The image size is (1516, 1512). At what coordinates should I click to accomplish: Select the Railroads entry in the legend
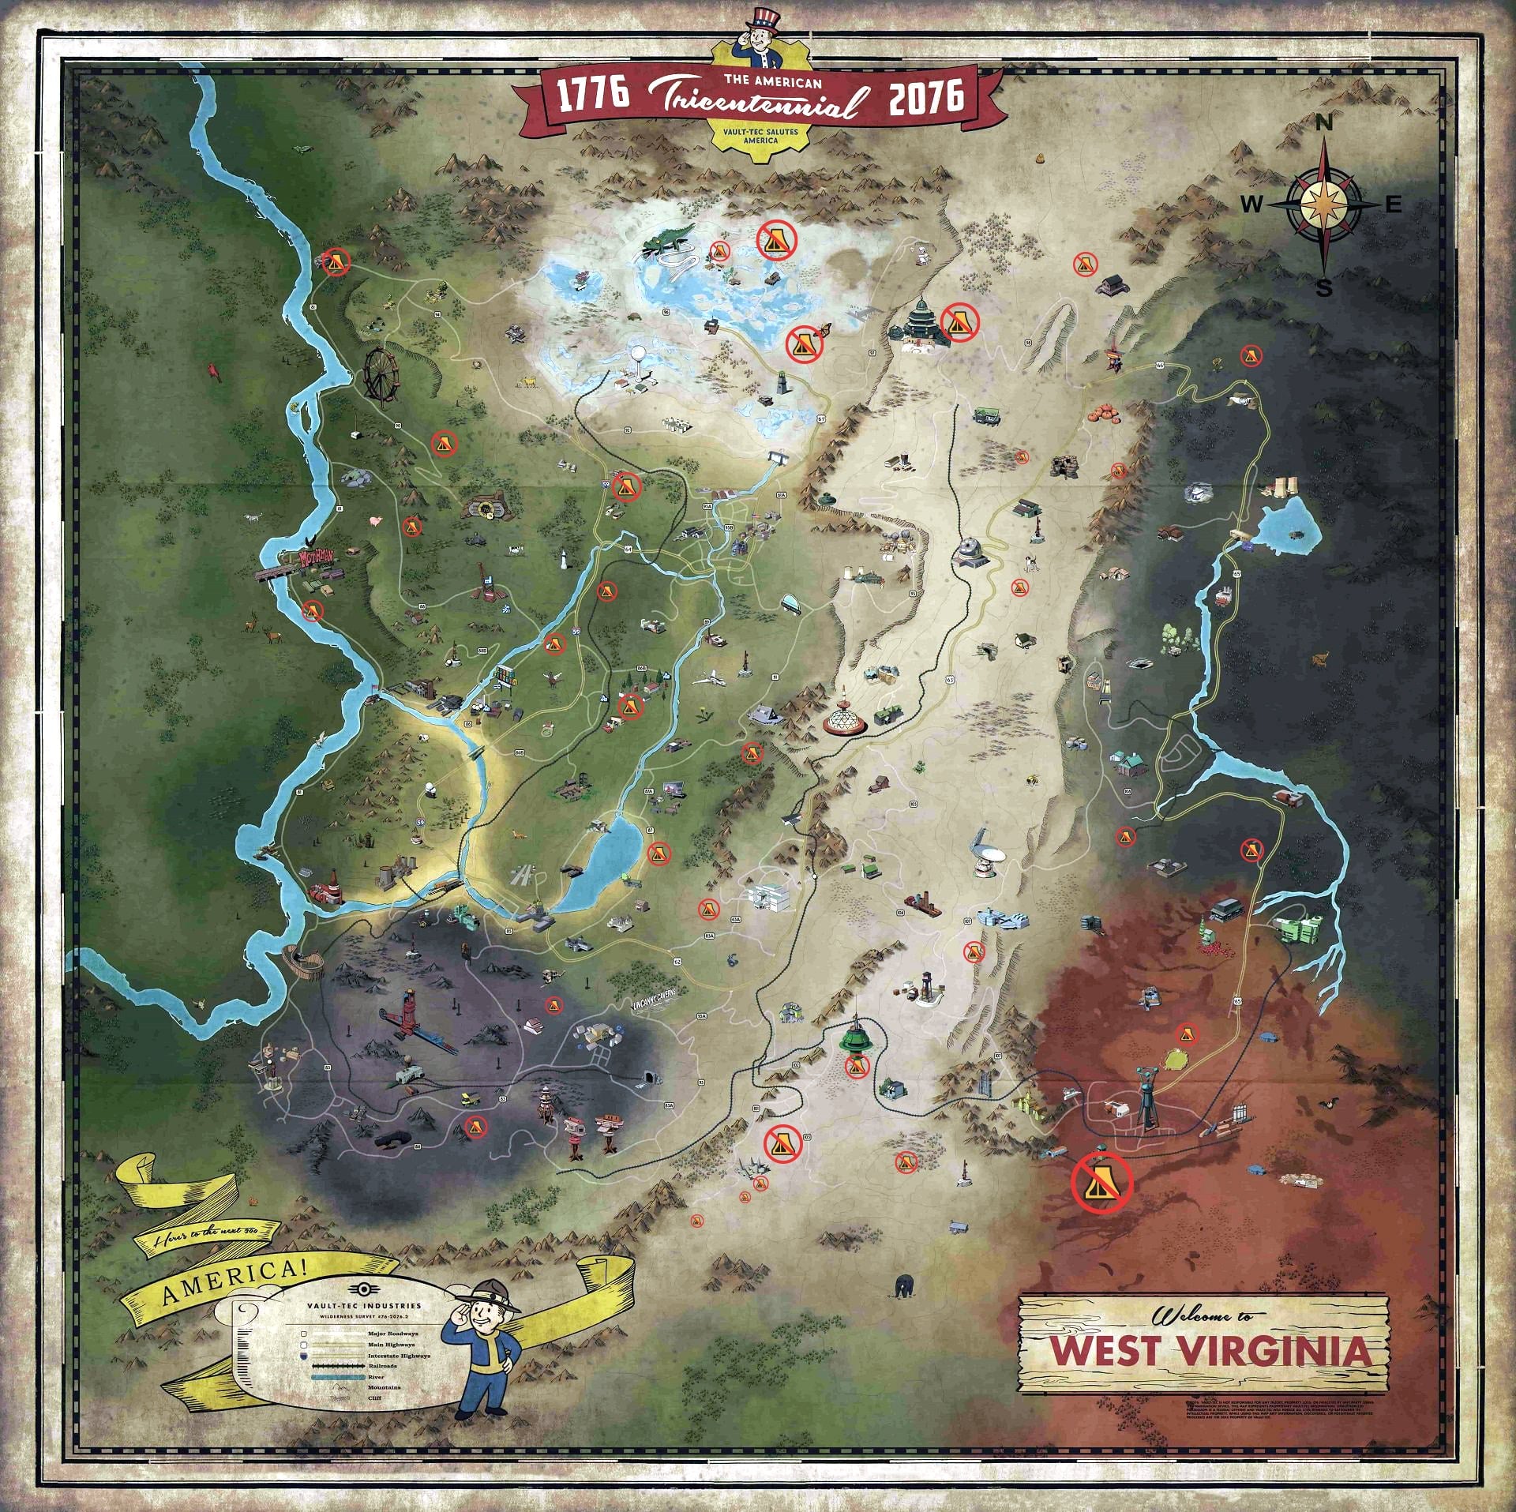(382, 1366)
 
